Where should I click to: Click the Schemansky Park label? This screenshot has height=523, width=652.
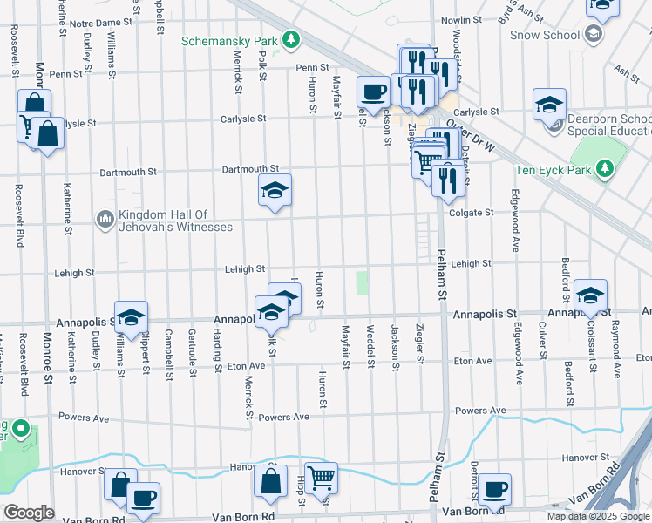click(x=229, y=41)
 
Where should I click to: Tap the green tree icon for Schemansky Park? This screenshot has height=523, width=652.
click(x=292, y=41)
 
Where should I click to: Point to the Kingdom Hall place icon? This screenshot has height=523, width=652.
click(x=105, y=217)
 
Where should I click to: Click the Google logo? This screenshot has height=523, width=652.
click(x=28, y=513)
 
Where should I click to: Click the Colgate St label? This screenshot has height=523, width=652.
click(x=472, y=212)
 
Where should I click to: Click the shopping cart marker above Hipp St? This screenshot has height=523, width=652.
click(x=321, y=476)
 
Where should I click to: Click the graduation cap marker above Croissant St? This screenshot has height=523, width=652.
click(x=590, y=294)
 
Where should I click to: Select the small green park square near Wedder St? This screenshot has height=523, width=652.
click(x=362, y=283)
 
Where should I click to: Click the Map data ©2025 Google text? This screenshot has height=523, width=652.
click(x=597, y=516)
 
